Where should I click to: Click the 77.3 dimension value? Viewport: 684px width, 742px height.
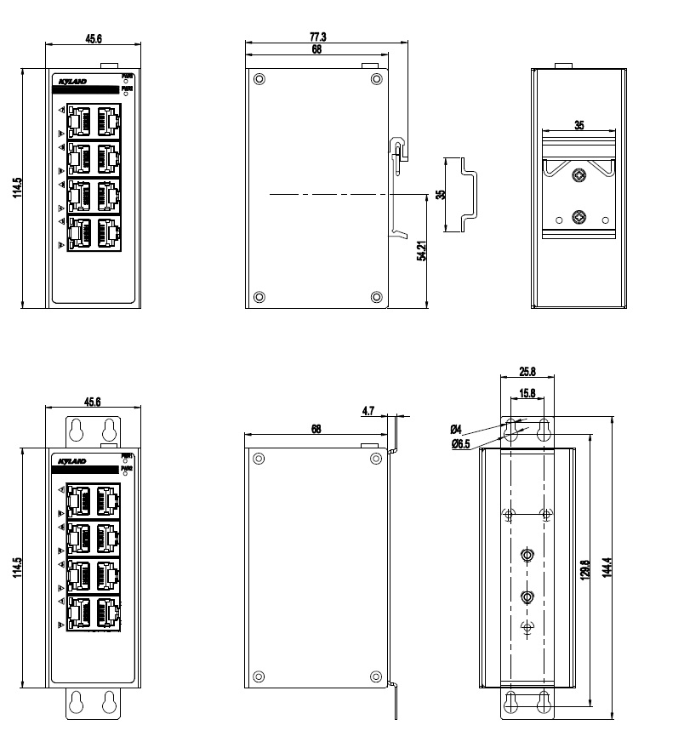pos(318,37)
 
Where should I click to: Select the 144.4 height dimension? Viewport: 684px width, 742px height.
pos(607,567)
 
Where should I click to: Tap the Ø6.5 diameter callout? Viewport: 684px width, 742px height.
pos(460,445)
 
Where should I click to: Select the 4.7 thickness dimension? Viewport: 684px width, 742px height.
pos(368,411)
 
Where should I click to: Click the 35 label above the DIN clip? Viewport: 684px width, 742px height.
pos(579,125)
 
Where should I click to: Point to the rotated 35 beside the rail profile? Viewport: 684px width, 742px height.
pos(440,194)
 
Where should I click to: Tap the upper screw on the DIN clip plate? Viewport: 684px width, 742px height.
pos(579,176)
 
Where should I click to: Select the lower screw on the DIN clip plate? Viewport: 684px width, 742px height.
pos(579,217)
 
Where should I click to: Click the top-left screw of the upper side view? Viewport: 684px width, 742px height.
pos(259,79)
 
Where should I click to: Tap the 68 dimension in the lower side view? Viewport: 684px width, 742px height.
pos(316,430)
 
